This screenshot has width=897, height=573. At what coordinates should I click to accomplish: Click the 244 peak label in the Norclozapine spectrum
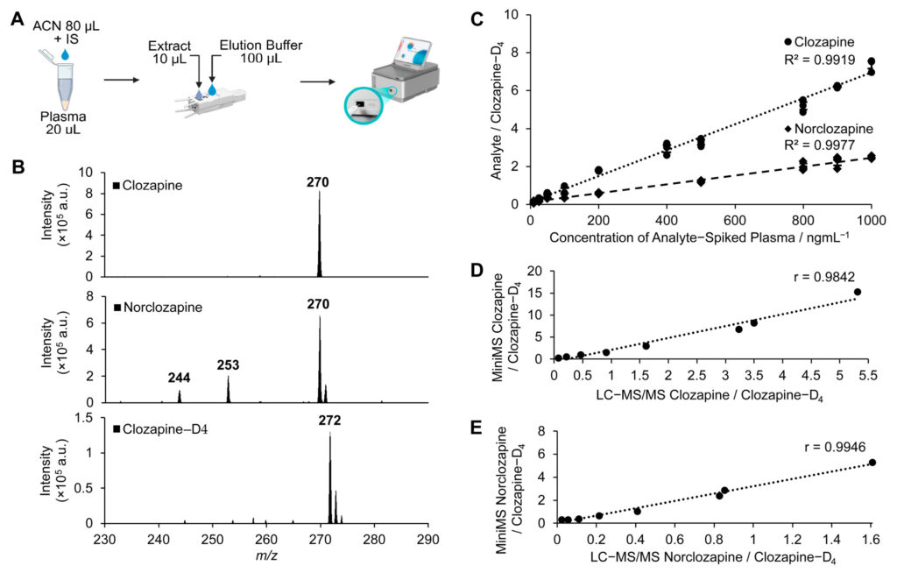coord(179,378)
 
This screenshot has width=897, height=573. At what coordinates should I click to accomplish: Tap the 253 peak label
coord(228,364)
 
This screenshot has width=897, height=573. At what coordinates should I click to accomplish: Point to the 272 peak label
coord(330,421)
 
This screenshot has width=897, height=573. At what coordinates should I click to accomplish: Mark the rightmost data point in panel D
coord(858,293)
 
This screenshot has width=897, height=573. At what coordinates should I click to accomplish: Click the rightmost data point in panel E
coord(872,463)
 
